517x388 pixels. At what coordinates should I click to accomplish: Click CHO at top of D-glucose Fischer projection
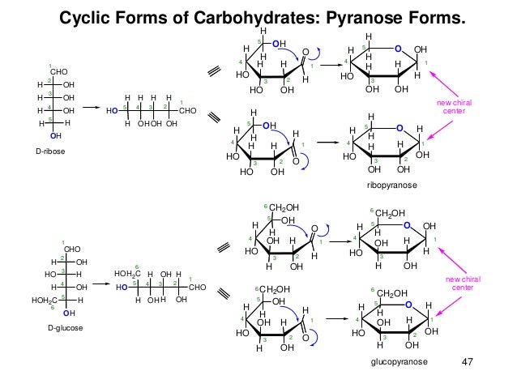tap(73, 249)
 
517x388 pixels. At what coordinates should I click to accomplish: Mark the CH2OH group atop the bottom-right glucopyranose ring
tap(391, 292)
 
